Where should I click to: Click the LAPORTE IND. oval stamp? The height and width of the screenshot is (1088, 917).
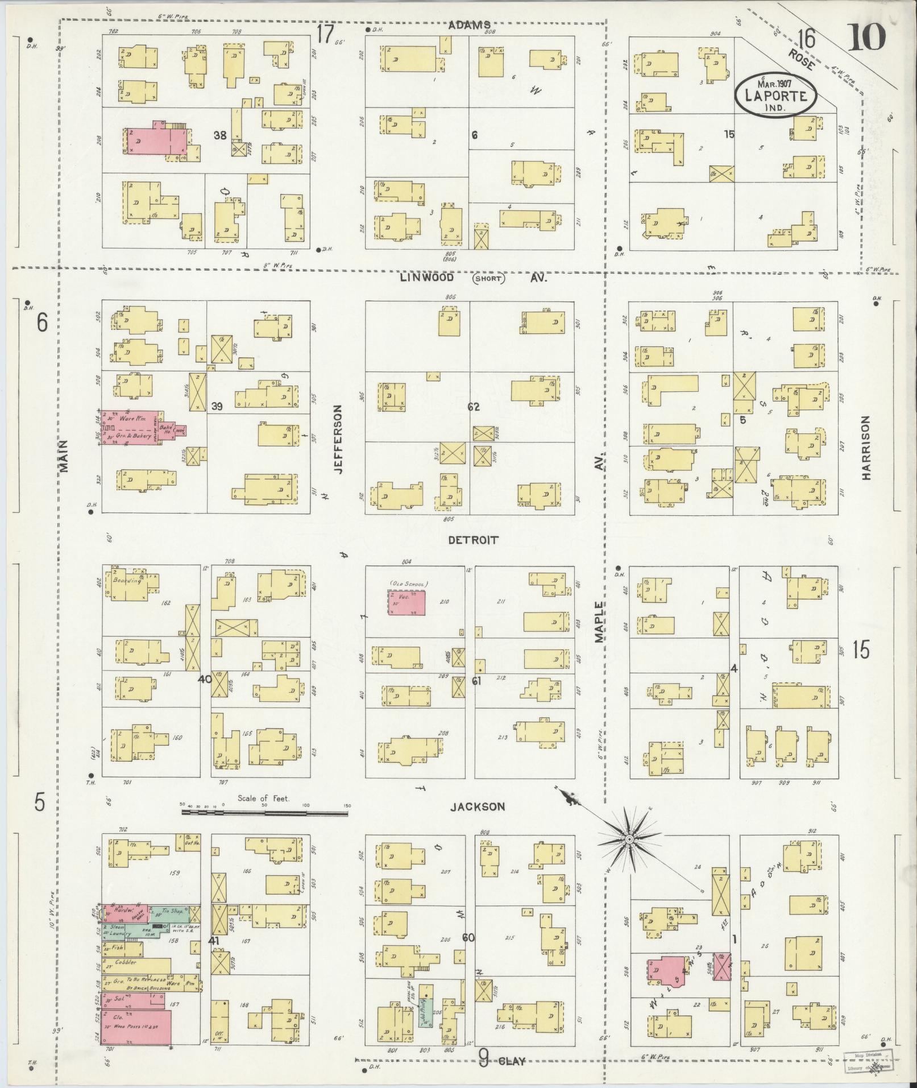coord(775,94)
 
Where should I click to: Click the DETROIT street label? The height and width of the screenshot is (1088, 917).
coord(473,540)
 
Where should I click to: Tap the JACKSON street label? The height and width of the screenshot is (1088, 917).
coord(478,806)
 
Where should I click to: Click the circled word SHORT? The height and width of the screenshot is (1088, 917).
coord(488,279)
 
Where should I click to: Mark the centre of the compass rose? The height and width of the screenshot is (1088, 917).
coord(630,839)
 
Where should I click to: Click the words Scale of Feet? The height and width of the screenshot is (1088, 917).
coord(264,799)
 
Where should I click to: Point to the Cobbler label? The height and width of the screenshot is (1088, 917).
coord(126,962)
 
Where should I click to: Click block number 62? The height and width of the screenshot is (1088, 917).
coord(473,407)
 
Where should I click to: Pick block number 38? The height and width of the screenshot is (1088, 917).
coord(221,135)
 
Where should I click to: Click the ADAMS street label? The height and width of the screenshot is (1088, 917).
coord(469,25)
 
